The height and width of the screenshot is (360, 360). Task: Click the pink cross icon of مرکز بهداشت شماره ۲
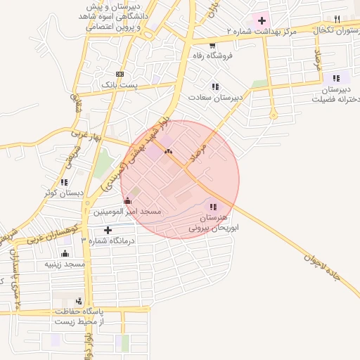pyautogui.click(x=262, y=20)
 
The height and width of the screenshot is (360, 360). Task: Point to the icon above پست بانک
pyautogui.click(x=120, y=74)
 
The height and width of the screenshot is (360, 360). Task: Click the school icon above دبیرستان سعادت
pyautogui.click(x=215, y=86)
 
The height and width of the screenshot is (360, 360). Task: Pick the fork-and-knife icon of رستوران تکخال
pyautogui.click(x=337, y=20)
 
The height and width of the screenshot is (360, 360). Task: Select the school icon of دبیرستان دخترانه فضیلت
pyautogui.click(x=335, y=77)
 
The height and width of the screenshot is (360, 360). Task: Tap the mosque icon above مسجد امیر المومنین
pyautogui.click(x=127, y=201)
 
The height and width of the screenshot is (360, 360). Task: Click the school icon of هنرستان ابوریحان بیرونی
pyautogui.click(x=213, y=207)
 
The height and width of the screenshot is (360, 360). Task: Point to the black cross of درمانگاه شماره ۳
pyautogui.click(x=108, y=230)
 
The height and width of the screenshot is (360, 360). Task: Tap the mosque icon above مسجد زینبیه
pyautogui.click(x=65, y=254)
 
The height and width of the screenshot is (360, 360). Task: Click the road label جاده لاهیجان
pyautogui.click(x=322, y=266)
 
